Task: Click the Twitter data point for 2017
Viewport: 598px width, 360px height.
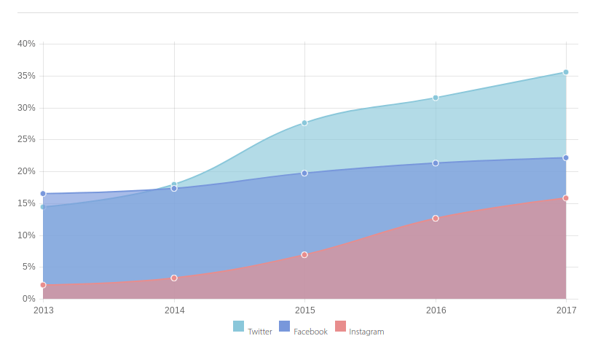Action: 566,72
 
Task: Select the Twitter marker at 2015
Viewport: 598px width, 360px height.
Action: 304,122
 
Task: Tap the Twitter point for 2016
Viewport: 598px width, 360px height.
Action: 436,98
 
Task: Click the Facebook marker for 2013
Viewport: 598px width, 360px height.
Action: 43,194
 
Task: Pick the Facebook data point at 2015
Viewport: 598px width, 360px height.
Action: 304,173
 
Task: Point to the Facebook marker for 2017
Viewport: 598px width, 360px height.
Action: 566,158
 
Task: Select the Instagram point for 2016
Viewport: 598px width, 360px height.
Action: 436,219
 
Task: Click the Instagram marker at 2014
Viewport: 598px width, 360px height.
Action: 174,278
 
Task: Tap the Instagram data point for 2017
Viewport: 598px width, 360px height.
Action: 566,198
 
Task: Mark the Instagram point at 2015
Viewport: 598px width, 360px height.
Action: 304,255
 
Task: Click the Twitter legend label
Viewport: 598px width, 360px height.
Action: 260,332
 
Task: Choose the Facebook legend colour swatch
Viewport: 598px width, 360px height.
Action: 284,326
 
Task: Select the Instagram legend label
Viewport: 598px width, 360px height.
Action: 366,332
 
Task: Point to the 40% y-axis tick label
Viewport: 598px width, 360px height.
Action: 27,44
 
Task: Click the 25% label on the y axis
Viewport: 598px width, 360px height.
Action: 27,139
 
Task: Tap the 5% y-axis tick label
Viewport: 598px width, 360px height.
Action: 29,267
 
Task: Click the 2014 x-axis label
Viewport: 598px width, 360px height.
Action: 175,310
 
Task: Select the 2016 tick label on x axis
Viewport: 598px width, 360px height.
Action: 436,310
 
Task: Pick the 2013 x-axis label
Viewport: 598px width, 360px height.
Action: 44,310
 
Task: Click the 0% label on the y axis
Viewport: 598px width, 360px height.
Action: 29,299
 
